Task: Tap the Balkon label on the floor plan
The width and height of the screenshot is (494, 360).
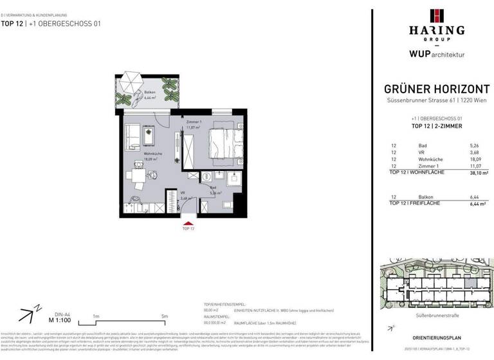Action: pyautogui.click(x=149, y=93)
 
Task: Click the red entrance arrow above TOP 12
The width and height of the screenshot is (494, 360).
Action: pyautogui.click(x=187, y=221)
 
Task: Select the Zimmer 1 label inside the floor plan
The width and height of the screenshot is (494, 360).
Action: pyautogui.click(x=194, y=123)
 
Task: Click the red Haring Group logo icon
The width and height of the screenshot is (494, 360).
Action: pyautogui.click(x=437, y=15)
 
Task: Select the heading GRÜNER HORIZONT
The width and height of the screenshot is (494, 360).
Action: pyautogui.click(x=437, y=90)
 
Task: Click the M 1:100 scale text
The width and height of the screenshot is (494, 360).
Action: pyautogui.click(x=60, y=319)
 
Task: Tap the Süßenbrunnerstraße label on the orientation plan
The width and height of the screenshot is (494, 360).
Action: pyautogui.click(x=437, y=308)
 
